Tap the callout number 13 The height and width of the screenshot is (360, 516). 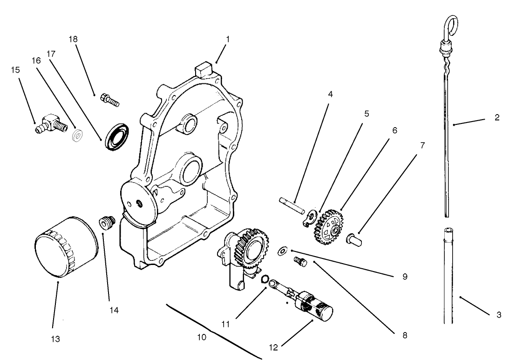pyautogui.click(x=55, y=340)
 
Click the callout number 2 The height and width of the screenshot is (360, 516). pyautogui.click(x=497, y=118)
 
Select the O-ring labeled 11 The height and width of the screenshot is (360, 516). pyautogui.click(x=264, y=278)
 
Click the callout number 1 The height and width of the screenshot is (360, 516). pyautogui.click(x=228, y=39)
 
